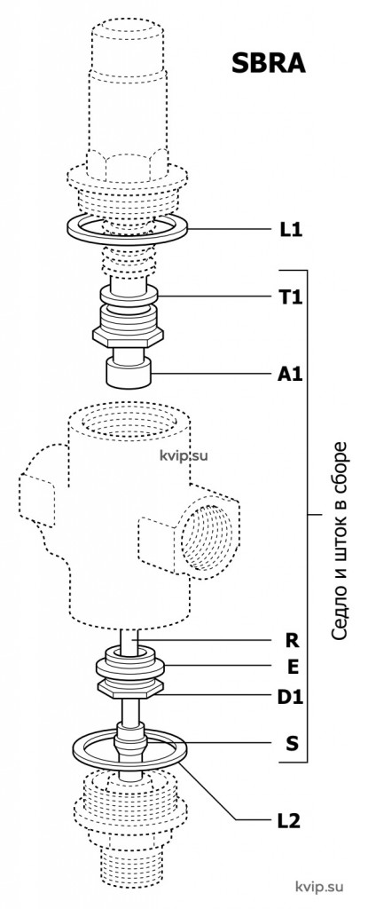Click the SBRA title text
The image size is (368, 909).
click(268, 63)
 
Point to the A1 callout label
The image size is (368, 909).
click(290, 375)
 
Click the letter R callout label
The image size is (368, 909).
click(292, 641)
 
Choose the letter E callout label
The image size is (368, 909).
click(293, 668)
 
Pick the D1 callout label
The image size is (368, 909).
click(290, 697)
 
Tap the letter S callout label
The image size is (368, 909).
click(292, 743)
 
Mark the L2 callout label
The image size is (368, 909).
click(288, 821)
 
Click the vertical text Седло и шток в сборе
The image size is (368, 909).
click(341, 541)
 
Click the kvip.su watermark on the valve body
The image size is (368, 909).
click(184, 455)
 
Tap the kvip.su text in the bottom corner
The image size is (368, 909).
click(319, 887)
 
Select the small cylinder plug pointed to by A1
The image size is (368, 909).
click(128, 372)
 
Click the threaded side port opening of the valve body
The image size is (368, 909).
click(207, 537)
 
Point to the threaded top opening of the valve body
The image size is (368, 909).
click(129, 424)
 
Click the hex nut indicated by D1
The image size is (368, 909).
click(129, 689)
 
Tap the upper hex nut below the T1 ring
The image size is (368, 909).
click(128, 335)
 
